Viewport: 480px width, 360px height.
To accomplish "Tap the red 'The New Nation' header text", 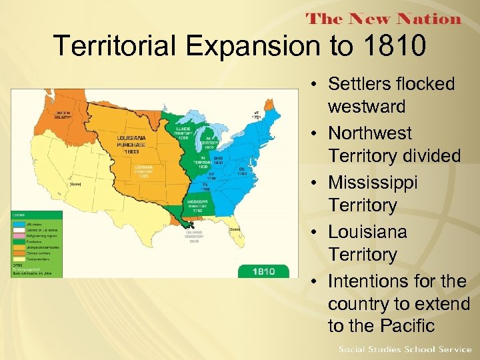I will pos(383,19).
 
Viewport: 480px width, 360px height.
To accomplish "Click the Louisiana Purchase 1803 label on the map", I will pos(135,142).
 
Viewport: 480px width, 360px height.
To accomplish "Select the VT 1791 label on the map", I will pos(257,115).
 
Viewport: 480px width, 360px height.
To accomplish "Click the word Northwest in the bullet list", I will pos(370,133).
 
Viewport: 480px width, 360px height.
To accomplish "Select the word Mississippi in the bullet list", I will pos(373,183).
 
